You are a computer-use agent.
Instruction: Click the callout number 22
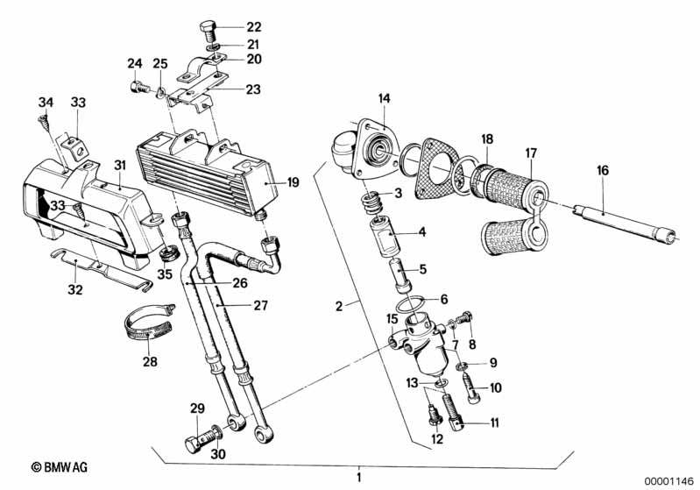coord(229,27)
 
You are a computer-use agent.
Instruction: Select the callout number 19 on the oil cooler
coord(293,182)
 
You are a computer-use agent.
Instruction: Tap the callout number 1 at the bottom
coord(357,478)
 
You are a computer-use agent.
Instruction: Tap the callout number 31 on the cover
coord(120,165)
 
